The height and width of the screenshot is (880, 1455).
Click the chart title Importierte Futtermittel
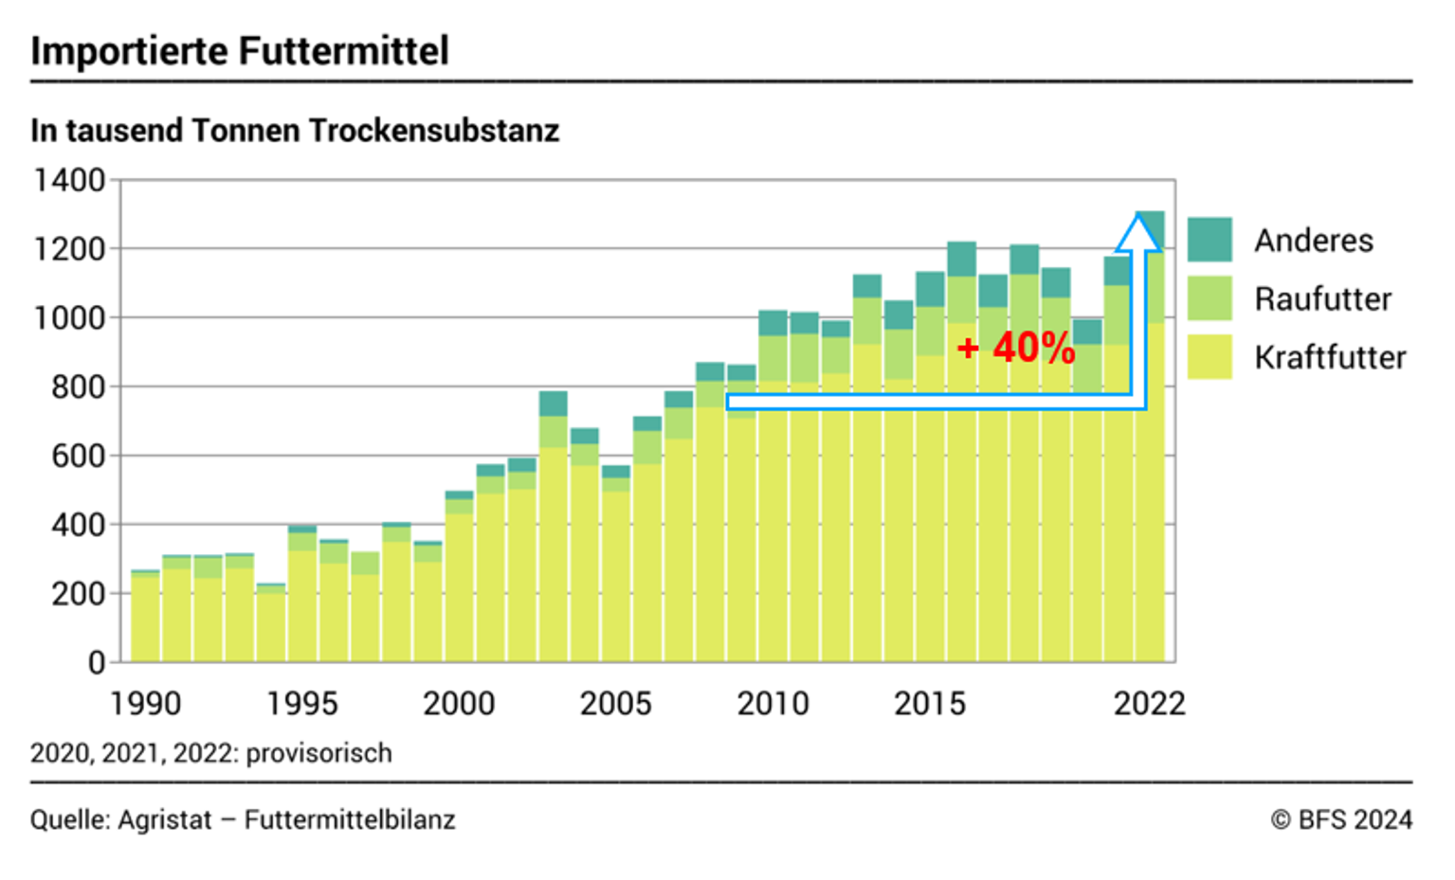point(240,51)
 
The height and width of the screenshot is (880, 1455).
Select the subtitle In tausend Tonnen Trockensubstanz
point(295,131)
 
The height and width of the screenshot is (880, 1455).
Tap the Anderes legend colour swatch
point(1209,240)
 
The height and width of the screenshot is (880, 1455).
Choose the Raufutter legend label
point(1322,299)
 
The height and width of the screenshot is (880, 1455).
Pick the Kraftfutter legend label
point(1329,358)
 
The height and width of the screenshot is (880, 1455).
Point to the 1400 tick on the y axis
point(69,180)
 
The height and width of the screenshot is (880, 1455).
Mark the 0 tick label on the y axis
point(97,662)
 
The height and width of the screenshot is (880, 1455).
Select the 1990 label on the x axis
point(145,704)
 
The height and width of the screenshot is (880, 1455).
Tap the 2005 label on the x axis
point(615,704)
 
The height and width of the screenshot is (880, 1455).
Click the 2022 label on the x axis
point(1149,704)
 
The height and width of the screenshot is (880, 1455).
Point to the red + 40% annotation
point(1016,348)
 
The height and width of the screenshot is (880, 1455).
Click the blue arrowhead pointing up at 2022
point(1137,233)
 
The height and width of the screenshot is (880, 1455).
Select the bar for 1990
point(145,616)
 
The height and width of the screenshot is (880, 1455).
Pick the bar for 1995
point(302,597)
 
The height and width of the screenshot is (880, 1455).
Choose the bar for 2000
point(459,578)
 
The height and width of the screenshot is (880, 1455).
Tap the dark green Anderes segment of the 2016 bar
point(961,259)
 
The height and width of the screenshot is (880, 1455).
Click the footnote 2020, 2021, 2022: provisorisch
point(210,754)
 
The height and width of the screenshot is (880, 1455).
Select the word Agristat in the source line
point(164,820)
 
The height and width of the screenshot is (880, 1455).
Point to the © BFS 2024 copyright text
point(1341,820)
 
